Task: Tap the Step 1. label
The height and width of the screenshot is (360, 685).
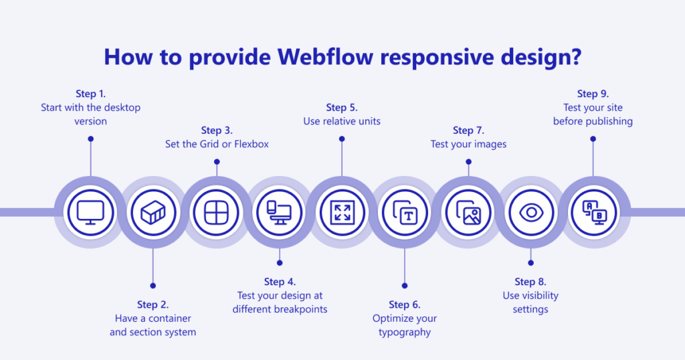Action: point(90,94)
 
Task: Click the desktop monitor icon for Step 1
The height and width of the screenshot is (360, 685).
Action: point(90,212)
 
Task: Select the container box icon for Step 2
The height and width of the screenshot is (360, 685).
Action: point(153,212)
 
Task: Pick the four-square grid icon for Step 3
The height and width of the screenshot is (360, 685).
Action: point(216,212)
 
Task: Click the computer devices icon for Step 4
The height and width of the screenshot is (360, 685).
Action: point(279,212)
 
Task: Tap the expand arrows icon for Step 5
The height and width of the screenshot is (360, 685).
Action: point(342,212)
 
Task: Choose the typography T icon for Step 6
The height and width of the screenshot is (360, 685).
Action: point(405,212)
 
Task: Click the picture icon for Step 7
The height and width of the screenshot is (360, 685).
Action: point(468,212)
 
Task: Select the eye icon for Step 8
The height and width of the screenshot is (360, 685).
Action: point(531,212)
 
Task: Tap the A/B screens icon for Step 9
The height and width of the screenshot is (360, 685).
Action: point(593,212)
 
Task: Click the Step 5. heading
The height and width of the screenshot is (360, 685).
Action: point(342,107)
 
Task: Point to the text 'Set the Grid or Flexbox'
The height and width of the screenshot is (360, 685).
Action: point(217,144)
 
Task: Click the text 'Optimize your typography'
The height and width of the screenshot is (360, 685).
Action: point(405,325)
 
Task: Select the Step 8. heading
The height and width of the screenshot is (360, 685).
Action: point(530,282)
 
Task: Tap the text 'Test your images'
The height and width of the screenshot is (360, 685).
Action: point(468,144)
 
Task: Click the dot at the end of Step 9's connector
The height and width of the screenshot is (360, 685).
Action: point(593,139)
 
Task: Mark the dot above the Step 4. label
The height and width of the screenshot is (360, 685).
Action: point(280,262)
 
